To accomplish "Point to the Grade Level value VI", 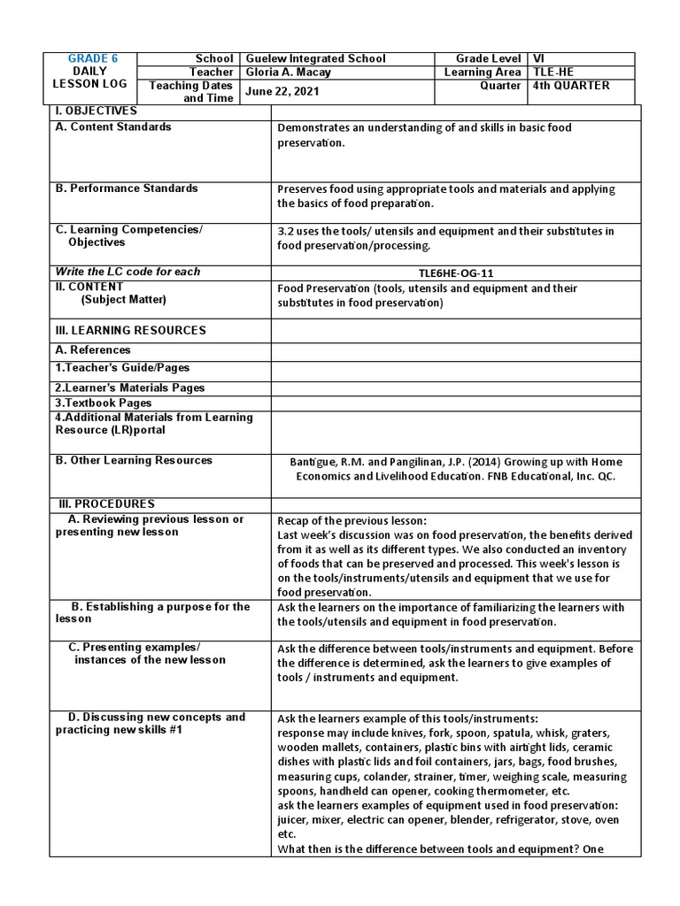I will pos(539,58).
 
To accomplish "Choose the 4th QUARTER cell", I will pos(571,86).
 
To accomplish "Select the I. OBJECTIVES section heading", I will pos(97,111).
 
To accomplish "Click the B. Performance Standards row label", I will pos(127,188).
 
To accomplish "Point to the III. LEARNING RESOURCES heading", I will pos(130,330).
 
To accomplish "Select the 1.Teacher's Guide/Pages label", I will pos(122,368).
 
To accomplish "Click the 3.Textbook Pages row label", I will pos(104,403).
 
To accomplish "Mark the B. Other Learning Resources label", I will pos(134,460).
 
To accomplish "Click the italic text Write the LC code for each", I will pos(127,272).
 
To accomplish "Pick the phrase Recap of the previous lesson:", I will pos(352,520).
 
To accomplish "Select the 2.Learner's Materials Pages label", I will pos(130,388).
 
